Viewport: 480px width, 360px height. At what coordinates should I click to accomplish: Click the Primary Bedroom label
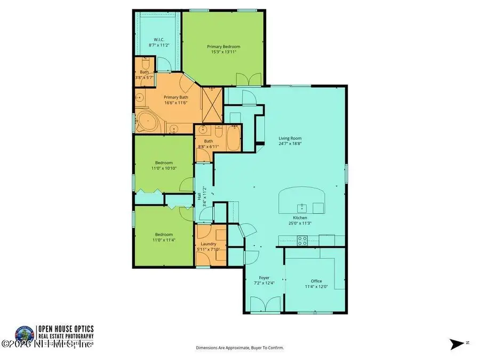click(223, 47)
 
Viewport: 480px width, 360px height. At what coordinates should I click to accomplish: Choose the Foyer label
click(263, 277)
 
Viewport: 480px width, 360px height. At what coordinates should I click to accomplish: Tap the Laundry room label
click(209, 244)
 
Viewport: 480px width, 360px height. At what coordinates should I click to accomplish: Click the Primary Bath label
click(176, 97)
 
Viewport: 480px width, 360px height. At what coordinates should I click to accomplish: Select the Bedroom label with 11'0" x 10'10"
click(164, 163)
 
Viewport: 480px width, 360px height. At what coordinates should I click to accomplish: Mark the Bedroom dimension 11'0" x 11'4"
click(164, 241)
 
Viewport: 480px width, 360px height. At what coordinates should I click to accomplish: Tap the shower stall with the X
click(211, 105)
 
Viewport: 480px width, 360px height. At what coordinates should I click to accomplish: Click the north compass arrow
click(458, 343)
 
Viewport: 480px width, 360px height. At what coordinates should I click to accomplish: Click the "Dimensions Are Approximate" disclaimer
click(240, 348)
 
